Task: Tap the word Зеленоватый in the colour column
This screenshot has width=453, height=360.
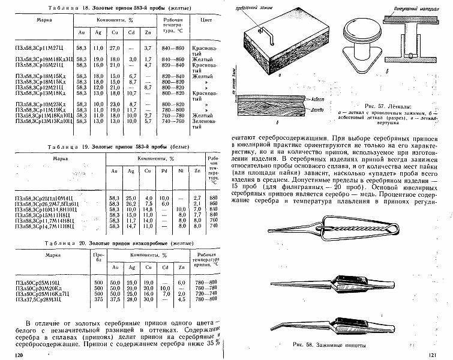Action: click(205, 121)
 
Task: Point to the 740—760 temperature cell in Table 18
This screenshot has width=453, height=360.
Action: click(174, 121)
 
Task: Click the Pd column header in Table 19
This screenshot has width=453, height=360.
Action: click(164, 173)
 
